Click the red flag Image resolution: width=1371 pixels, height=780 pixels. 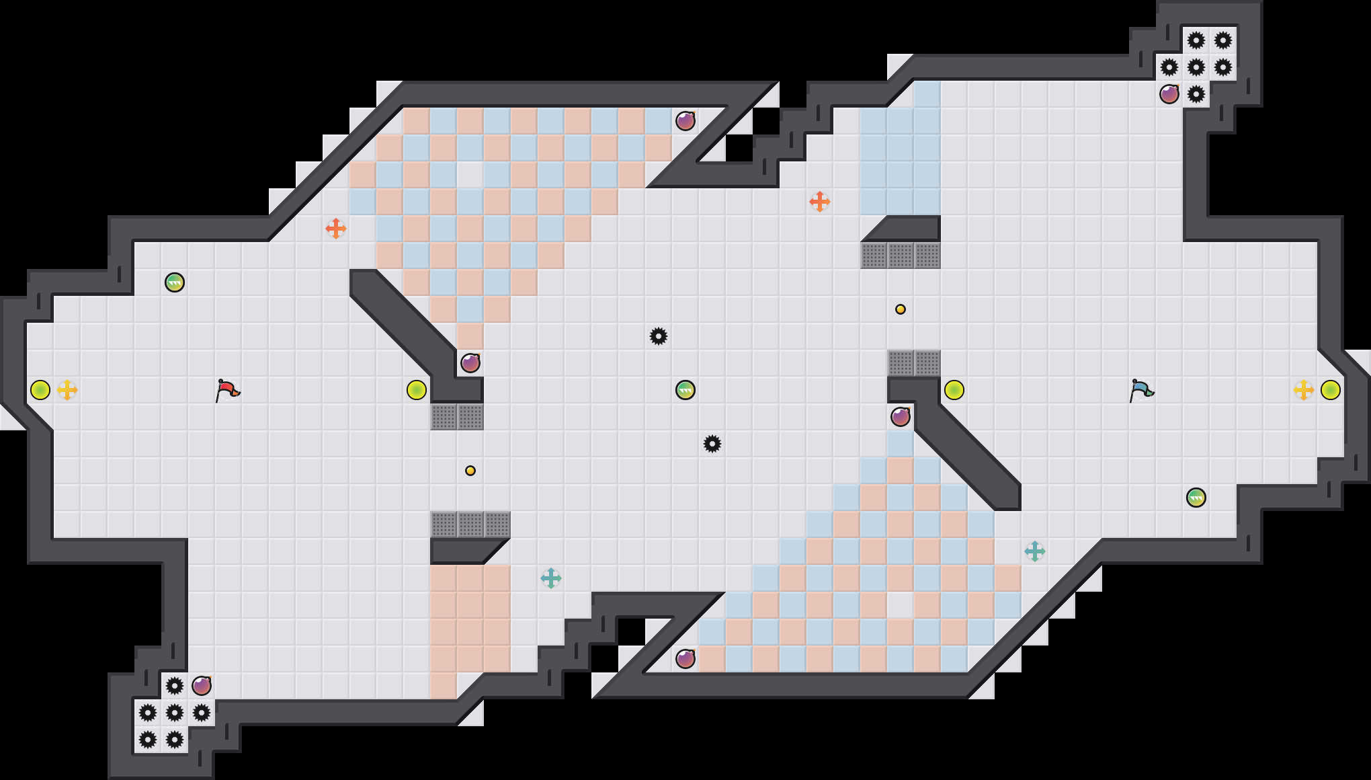(x=227, y=390)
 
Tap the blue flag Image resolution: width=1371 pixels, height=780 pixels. (x=1141, y=390)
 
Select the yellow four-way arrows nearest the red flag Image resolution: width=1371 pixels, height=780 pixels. (x=67, y=390)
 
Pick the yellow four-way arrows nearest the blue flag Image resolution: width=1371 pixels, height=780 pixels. (x=1304, y=390)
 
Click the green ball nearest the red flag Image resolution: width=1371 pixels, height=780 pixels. (x=175, y=282)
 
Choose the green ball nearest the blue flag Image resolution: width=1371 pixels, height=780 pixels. (x=1196, y=498)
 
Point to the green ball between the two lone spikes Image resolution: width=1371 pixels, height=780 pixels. (x=685, y=390)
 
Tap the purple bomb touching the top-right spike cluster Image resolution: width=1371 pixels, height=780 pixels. (x=1169, y=94)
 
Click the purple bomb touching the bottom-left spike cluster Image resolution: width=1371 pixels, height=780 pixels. (x=202, y=686)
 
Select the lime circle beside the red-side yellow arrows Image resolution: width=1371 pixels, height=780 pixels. (x=40, y=390)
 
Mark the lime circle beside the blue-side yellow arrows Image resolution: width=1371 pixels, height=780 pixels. (x=1331, y=390)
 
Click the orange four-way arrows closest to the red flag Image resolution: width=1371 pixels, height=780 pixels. (x=336, y=229)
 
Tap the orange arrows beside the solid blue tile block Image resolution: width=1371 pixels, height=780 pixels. (x=820, y=202)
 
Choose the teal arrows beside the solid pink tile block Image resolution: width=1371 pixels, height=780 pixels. (x=551, y=578)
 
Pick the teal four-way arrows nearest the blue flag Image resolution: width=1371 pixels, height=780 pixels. (x=1035, y=551)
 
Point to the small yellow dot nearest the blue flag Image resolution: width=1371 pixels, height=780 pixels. (x=901, y=309)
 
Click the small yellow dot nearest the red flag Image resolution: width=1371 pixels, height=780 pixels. (x=470, y=471)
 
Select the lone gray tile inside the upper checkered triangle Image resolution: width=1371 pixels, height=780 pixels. (x=470, y=175)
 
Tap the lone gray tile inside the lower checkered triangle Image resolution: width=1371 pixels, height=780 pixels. (x=901, y=605)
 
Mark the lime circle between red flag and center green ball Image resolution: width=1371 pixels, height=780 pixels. (x=417, y=390)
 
